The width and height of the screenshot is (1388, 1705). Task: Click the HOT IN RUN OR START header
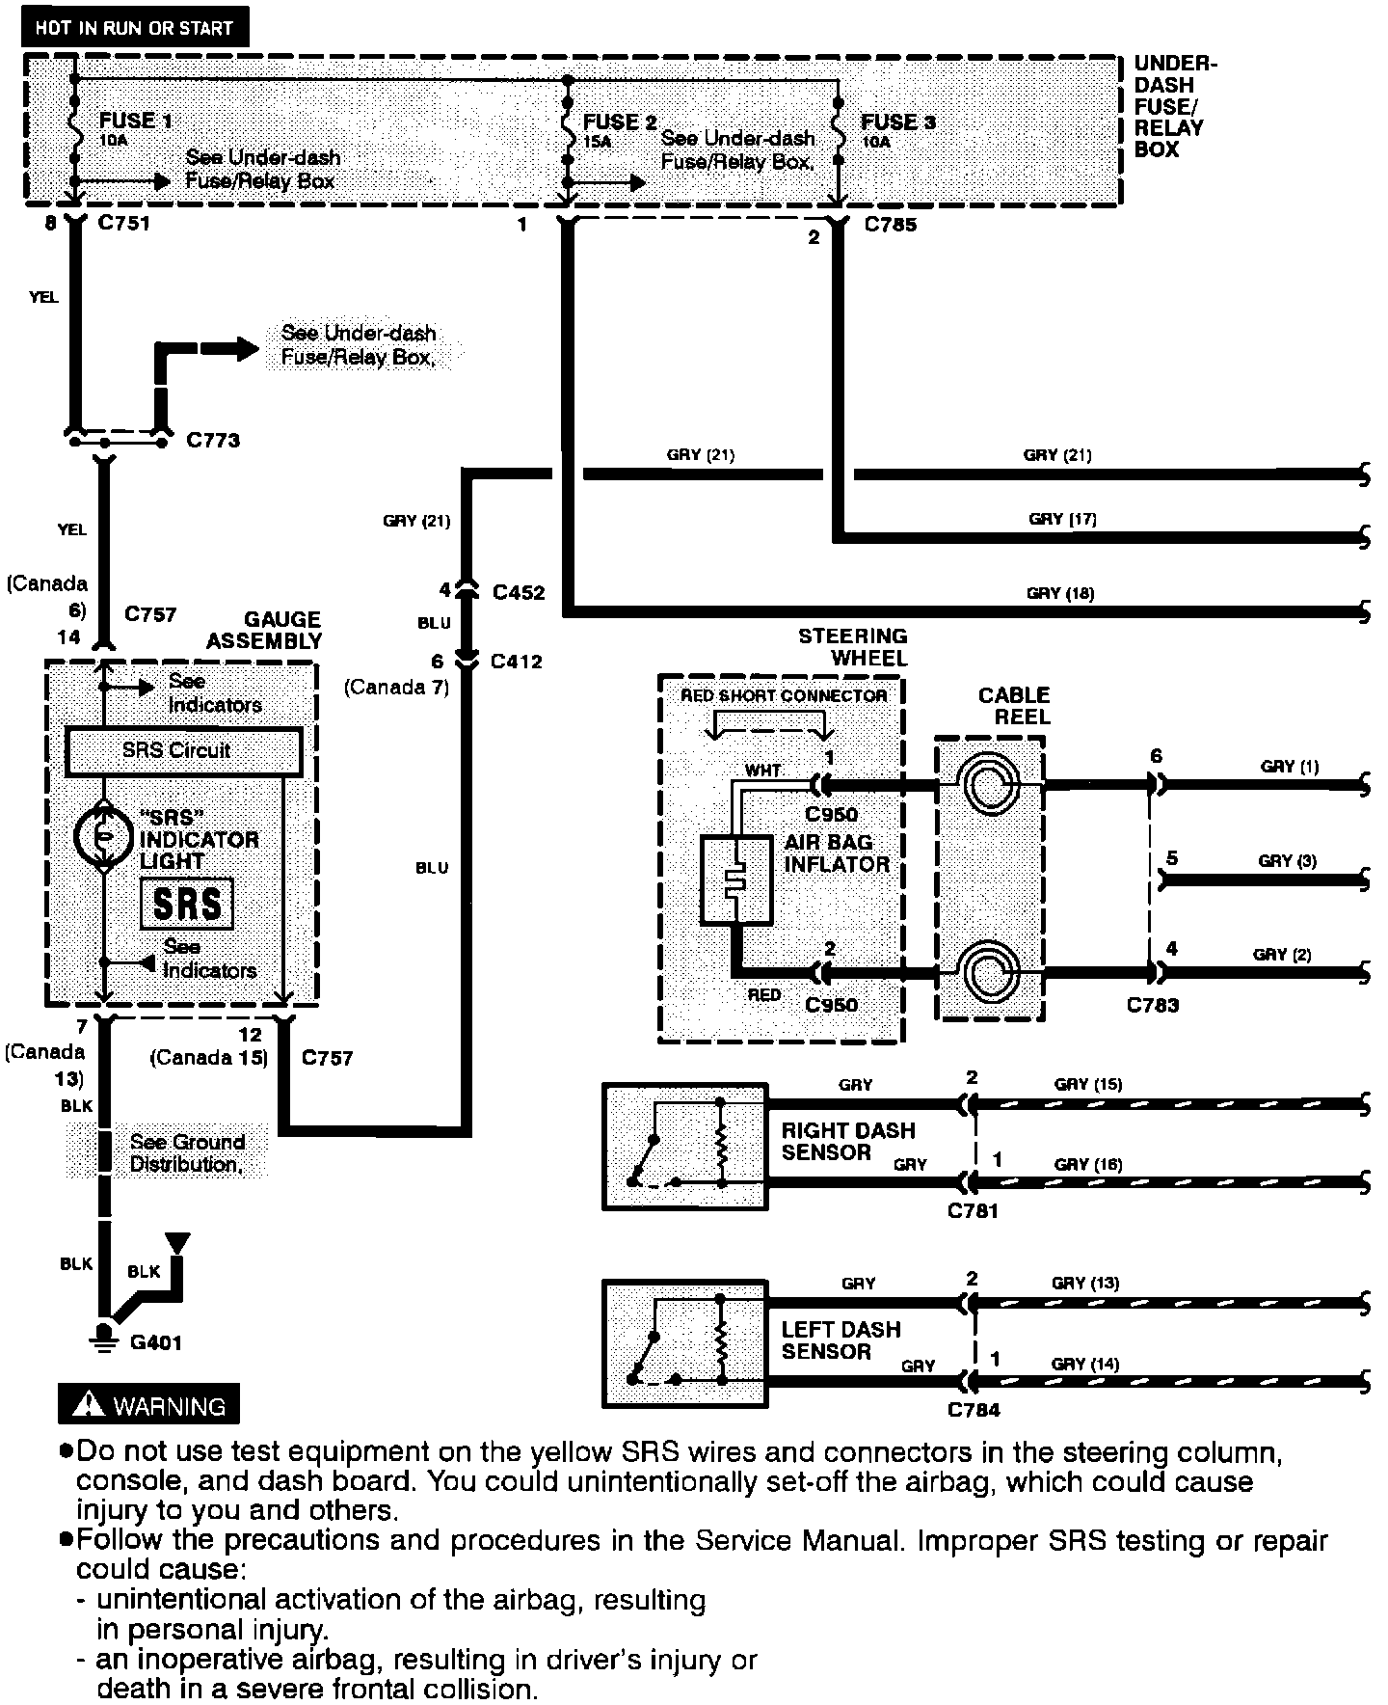(134, 27)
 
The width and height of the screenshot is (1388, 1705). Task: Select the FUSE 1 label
(136, 121)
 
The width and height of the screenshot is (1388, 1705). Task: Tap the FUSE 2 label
(620, 122)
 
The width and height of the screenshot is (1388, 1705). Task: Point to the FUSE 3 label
(897, 122)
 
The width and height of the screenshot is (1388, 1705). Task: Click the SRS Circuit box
(183, 750)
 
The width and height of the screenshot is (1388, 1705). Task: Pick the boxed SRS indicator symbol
(187, 904)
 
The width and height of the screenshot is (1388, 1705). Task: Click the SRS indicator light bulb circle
(102, 836)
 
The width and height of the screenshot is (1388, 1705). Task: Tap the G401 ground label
(155, 1342)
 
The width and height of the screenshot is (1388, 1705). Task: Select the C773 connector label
(213, 441)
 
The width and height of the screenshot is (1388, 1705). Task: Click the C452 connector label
(519, 592)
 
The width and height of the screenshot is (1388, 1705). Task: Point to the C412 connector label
(517, 662)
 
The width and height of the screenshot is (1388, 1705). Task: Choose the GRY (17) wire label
(1062, 519)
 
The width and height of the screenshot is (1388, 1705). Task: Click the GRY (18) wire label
(1060, 593)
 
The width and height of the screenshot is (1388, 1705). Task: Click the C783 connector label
(1153, 1005)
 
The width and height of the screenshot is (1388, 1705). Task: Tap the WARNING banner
(148, 1404)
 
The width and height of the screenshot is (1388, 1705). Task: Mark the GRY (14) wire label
(1085, 1364)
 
